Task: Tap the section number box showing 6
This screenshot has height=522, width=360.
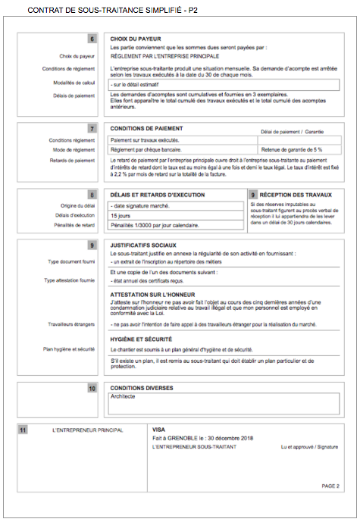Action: click(92, 39)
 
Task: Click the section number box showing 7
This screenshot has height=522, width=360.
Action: click(92, 129)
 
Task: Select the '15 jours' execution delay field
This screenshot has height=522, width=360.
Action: click(121, 216)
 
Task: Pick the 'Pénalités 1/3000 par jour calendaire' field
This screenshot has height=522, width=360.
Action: click(151, 226)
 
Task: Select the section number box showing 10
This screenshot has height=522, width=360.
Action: click(92, 388)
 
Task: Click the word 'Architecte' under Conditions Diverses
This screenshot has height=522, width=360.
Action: click(124, 396)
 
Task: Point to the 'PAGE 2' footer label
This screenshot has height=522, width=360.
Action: click(330, 486)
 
